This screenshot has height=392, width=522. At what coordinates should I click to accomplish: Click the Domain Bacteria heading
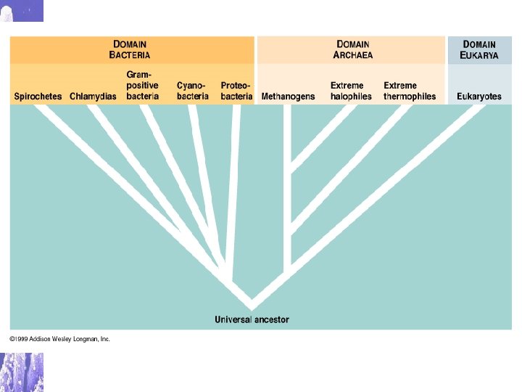pyautogui.click(x=130, y=49)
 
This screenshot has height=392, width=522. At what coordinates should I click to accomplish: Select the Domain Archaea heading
pyautogui.click(x=352, y=49)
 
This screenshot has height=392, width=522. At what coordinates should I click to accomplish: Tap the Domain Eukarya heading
pyautogui.click(x=479, y=49)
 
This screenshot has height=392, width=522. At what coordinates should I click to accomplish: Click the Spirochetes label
pyautogui.click(x=38, y=97)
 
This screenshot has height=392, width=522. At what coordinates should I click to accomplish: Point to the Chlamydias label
pyautogui.click(x=93, y=97)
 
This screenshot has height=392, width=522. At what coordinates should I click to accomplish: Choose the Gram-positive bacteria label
pyautogui.click(x=142, y=85)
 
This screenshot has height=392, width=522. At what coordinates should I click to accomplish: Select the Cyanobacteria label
pyautogui.click(x=192, y=91)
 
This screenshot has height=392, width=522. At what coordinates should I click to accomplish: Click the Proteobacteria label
pyautogui.click(x=236, y=91)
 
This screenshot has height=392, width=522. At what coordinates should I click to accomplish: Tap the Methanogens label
pyautogui.click(x=288, y=97)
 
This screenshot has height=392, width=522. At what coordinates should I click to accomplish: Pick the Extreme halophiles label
pyautogui.click(x=351, y=91)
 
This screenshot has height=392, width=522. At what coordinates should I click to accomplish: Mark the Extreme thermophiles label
pyautogui.click(x=410, y=91)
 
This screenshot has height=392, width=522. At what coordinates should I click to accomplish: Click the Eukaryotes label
pyautogui.click(x=478, y=97)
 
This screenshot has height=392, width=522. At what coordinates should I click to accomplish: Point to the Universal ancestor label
pyautogui.click(x=252, y=319)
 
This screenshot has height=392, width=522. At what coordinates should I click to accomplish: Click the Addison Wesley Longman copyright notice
pyautogui.click(x=59, y=339)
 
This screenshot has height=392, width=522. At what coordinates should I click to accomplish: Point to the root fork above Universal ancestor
pyautogui.click(x=252, y=299)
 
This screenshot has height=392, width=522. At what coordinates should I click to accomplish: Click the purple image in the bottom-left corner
pyautogui.click(x=21, y=372)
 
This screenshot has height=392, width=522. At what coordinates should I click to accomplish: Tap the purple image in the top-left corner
pyautogui.click(x=21, y=10)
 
